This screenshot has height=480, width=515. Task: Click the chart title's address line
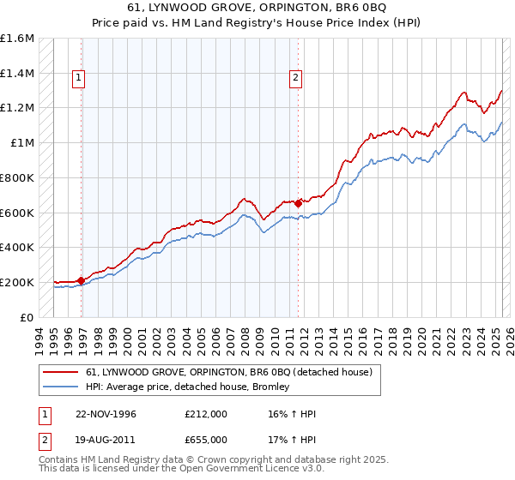[x=257, y=8]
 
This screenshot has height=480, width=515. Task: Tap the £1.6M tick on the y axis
[x=17, y=39]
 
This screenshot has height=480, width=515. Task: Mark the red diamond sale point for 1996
[x=81, y=279]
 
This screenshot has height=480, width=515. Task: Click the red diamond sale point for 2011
[x=298, y=203]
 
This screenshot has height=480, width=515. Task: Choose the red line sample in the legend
[x=60, y=372]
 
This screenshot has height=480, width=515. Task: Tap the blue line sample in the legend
[x=60, y=387]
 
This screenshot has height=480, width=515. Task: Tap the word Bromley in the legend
[x=271, y=387]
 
